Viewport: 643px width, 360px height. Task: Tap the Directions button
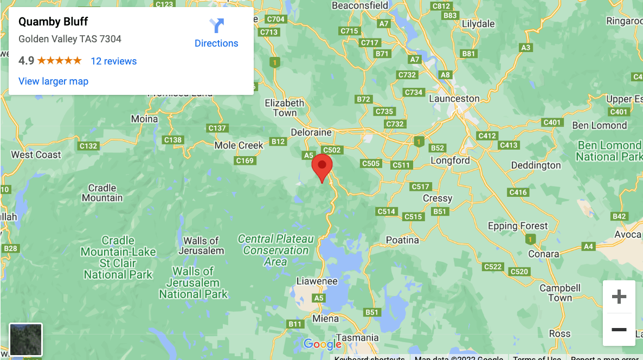(x=216, y=34)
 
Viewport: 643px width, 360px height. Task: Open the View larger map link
(x=53, y=81)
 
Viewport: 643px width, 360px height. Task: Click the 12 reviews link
(x=114, y=61)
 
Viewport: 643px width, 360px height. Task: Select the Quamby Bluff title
(x=53, y=22)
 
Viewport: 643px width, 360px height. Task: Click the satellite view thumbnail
(x=25, y=339)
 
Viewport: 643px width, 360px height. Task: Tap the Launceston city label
(x=454, y=99)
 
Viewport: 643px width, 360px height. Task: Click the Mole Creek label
(x=239, y=145)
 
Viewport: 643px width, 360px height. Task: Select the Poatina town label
(x=402, y=240)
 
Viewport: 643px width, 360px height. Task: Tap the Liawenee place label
(x=317, y=281)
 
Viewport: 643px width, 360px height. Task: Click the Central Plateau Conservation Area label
(x=276, y=250)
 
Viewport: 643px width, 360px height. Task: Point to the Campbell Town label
(x=560, y=293)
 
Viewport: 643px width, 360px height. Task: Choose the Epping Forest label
(x=518, y=226)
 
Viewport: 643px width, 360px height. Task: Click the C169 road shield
(x=245, y=160)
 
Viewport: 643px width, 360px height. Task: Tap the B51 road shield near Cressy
(x=440, y=211)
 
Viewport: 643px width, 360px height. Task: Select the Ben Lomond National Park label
(x=609, y=151)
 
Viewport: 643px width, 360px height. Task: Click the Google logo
(x=322, y=344)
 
